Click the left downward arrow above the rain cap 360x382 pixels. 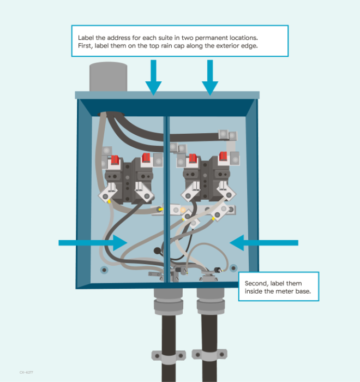coord(153,77)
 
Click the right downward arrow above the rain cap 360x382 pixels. coord(210,77)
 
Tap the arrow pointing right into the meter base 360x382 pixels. coord(93,242)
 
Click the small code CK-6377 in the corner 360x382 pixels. coord(26,372)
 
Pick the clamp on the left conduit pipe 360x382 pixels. coord(169,357)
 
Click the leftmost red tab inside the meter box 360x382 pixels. coord(116,160)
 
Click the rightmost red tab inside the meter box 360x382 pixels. coord(224,158)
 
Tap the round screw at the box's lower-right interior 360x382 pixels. coord(233,268)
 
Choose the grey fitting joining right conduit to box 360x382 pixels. coord(210,300)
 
